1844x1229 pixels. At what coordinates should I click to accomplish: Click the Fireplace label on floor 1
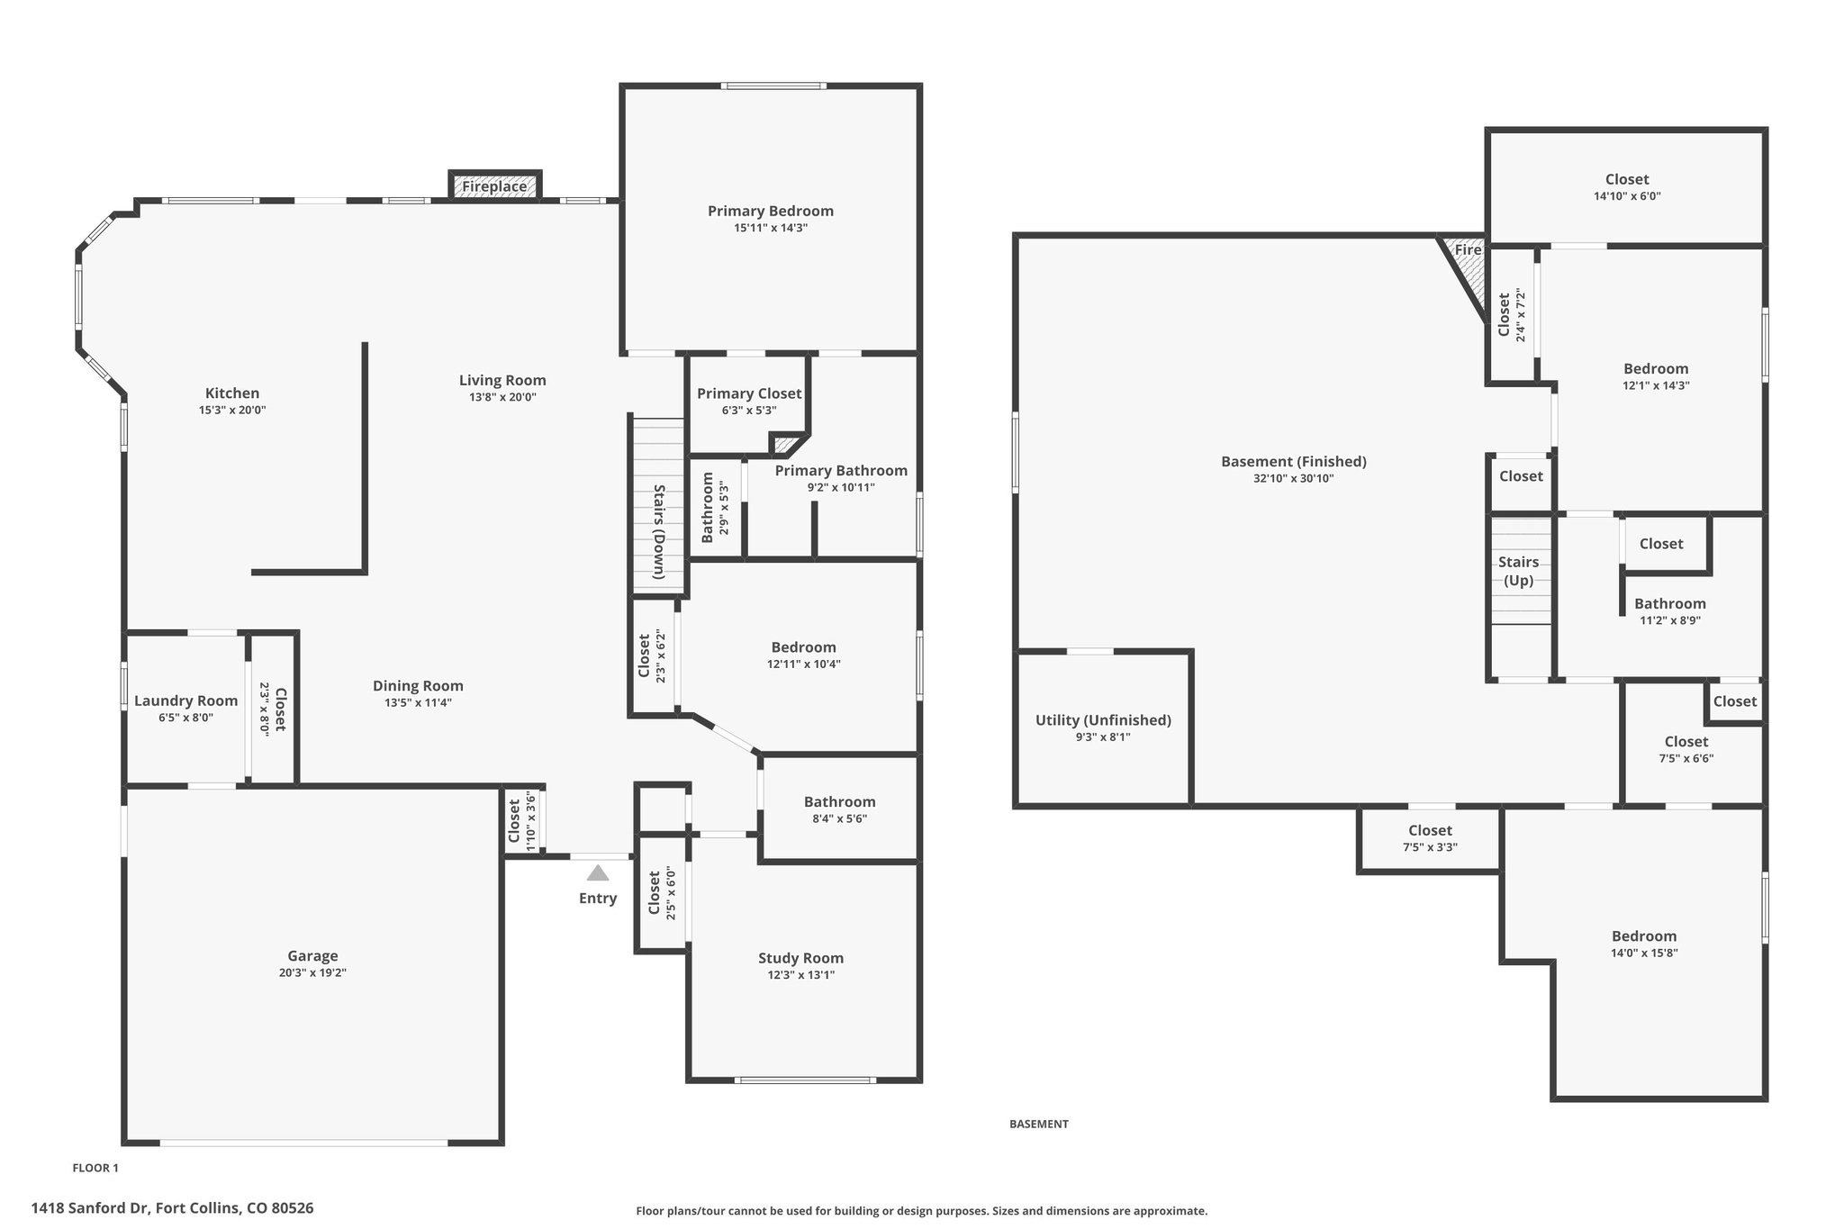tap(494, 186)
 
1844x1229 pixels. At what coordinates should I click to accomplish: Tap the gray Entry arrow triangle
tap(598, 872)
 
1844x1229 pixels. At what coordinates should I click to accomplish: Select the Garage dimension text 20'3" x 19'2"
tap(312, 972)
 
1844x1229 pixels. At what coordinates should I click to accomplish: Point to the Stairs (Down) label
tap(659, 531)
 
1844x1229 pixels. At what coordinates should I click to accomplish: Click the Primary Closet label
tap(749, 393)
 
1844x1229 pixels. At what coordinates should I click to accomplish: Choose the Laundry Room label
tap(186, 700)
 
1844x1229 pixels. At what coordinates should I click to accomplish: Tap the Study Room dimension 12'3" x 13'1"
tap(800, 974)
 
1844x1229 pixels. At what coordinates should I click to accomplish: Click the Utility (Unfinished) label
tap(1103, 720)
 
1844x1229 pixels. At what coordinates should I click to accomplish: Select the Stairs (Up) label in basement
tap(1519, 571)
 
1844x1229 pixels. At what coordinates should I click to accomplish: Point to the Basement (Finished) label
tap(1293, 461)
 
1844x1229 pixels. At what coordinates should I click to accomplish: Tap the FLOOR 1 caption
tap(95, 1168)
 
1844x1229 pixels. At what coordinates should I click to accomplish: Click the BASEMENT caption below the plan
tap(1038, 1124)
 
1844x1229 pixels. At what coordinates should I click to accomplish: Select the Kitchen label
tap(232, 393)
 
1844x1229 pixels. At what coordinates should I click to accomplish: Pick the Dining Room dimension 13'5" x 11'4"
tap(418, 702)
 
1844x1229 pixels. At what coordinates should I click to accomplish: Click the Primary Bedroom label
tap(771, 211)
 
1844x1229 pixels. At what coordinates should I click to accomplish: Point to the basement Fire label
tap(1468, 249)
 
